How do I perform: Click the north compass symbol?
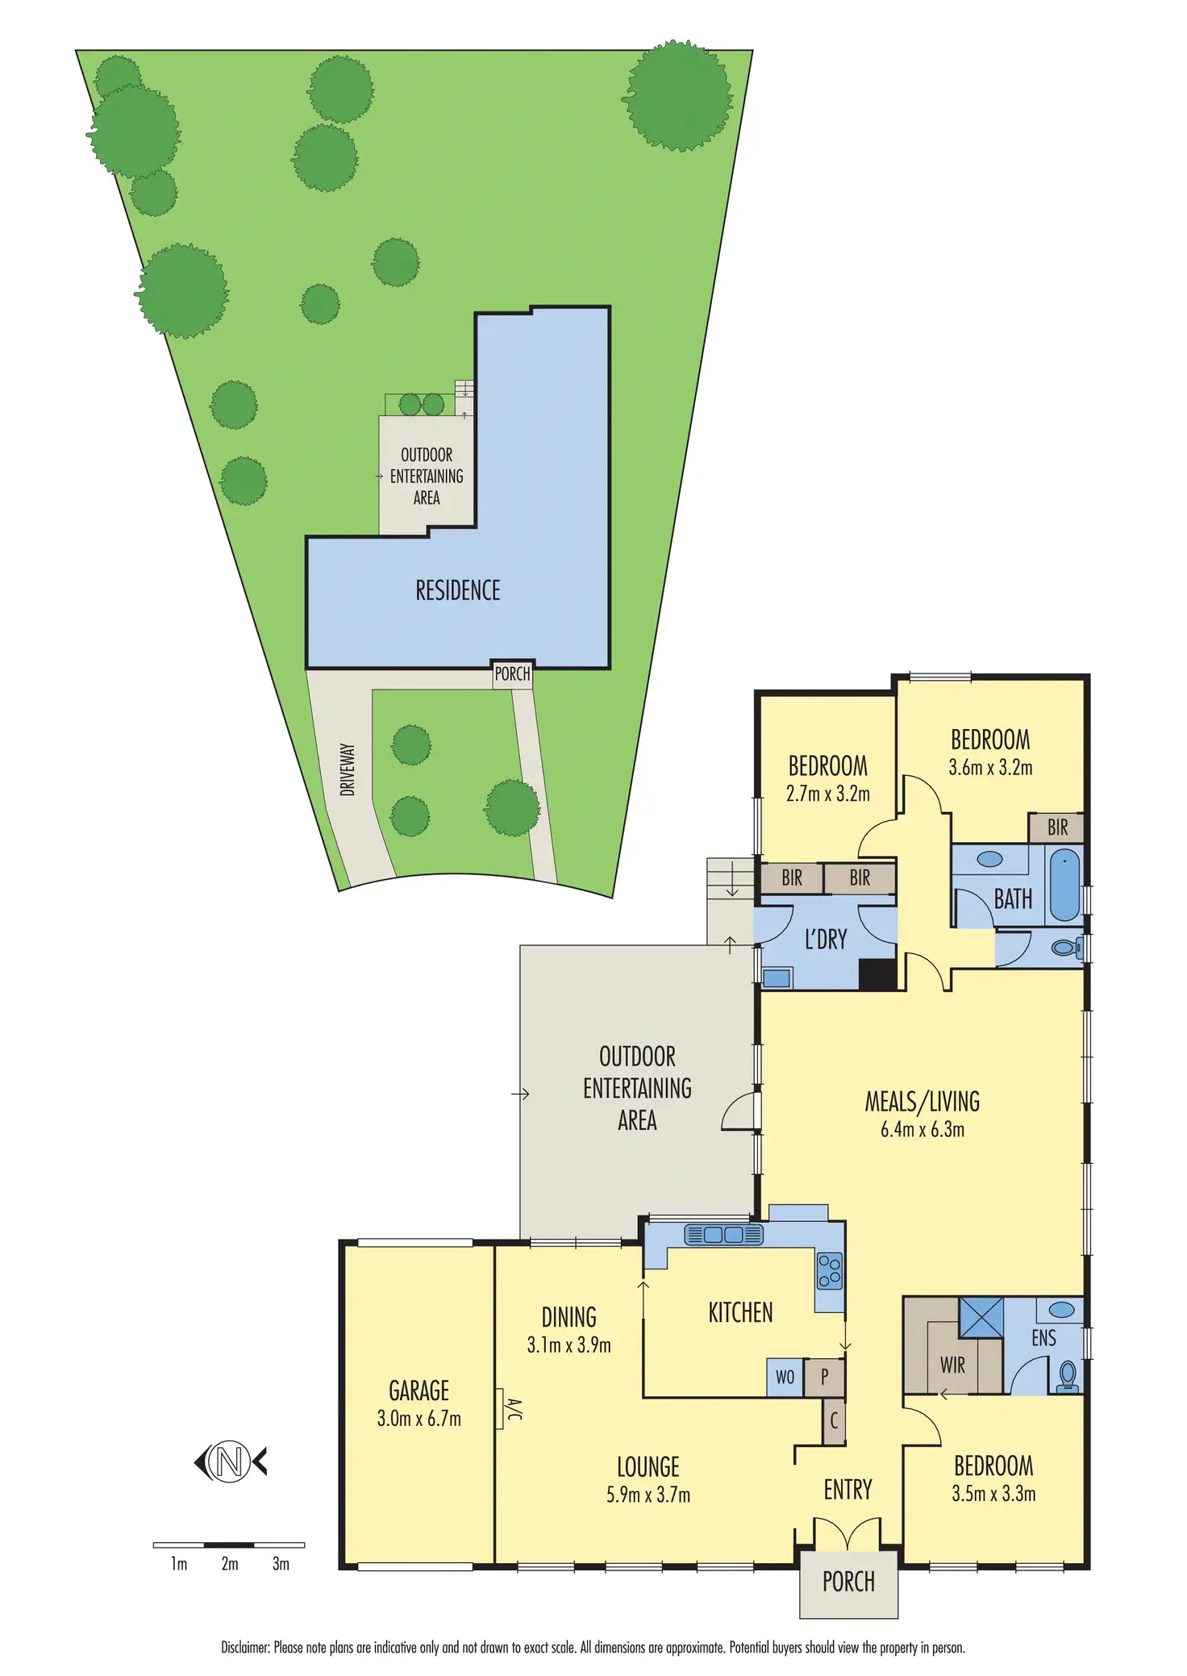(230, 1461)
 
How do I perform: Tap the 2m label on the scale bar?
(230, 1564)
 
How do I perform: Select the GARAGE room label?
(419, 1390)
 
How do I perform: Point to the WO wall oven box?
(785, 1377)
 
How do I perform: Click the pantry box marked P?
(824, 1377)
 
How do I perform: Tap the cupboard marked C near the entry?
(834, 1420)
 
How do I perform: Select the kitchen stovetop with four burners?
(830, 1270)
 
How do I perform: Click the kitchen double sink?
(723, 1235)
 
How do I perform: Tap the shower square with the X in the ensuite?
(981, 1317)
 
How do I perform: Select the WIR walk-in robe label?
(952, 1365)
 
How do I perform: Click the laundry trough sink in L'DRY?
(777, 978)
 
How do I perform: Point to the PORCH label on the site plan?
(512, 673)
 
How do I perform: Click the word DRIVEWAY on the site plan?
(348, 769)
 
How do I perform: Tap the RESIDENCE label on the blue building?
(458, 590)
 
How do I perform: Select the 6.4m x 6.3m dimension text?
(923, 1129)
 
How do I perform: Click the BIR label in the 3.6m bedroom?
(1057, 827)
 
